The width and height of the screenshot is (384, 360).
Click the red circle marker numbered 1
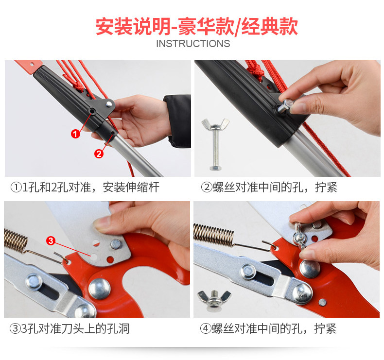click(x=75, y=134)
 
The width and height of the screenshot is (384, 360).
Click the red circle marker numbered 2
click(x=99, y=154)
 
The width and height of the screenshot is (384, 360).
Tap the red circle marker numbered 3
click(x=51, y=241)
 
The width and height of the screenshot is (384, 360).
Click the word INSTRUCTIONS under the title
click(x=193, y=44)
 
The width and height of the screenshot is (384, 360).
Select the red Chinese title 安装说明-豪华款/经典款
click(x=197, y=27)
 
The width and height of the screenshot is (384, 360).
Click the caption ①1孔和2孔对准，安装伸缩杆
click(x=85, y=188)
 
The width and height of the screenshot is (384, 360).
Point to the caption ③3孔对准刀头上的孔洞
click(x=70, y=328)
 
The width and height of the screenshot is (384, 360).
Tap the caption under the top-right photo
click(x=269, y=188)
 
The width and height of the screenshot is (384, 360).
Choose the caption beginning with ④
click(x=268, y=328)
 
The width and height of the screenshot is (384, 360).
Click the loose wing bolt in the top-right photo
click(x=215, y=144)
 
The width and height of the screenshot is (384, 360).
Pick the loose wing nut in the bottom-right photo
click(x=214, y=300)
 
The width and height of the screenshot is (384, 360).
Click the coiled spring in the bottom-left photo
click(x=16, y=240)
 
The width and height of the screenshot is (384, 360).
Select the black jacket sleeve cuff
click(x=177, y=121)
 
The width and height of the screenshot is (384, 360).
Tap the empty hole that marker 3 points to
click(x=93, y=257)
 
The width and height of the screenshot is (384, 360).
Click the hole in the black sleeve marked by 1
click(x=92, y=111)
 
